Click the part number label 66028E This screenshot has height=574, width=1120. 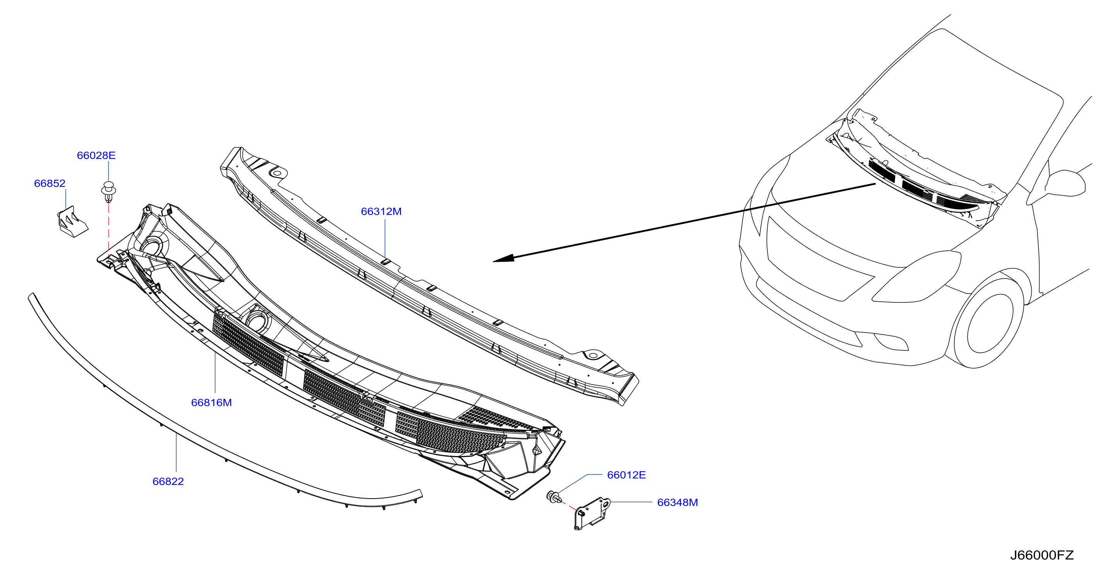coord(96,155)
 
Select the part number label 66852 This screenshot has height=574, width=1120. coord(50,183)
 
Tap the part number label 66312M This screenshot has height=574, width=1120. coord(381,212)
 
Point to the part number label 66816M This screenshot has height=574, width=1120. coord(211,403)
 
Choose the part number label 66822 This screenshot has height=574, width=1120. coord(168,482)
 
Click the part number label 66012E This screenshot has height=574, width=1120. coord(626,475)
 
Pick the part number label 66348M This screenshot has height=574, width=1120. coord(677,502)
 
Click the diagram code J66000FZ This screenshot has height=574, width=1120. coord(1042,555)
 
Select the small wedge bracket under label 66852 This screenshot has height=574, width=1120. coord(72,222)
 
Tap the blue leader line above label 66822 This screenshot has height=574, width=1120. coord(176,452)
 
